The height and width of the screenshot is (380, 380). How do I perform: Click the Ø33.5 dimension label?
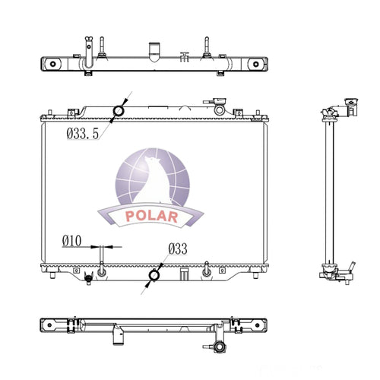pos(83,134)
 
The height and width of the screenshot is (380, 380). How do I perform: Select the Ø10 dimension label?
pos(72,241)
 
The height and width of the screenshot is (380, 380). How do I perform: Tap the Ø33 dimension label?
pos(178,249)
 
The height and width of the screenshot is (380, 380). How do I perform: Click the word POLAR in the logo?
pos(151,217)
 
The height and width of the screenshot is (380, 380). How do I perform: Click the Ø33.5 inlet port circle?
pos(119,110)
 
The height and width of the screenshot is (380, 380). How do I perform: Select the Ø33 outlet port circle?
pos(154,275)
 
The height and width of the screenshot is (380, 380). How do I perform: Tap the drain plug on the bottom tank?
pos(88,279)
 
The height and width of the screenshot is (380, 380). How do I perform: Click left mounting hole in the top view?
pos(52,64)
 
